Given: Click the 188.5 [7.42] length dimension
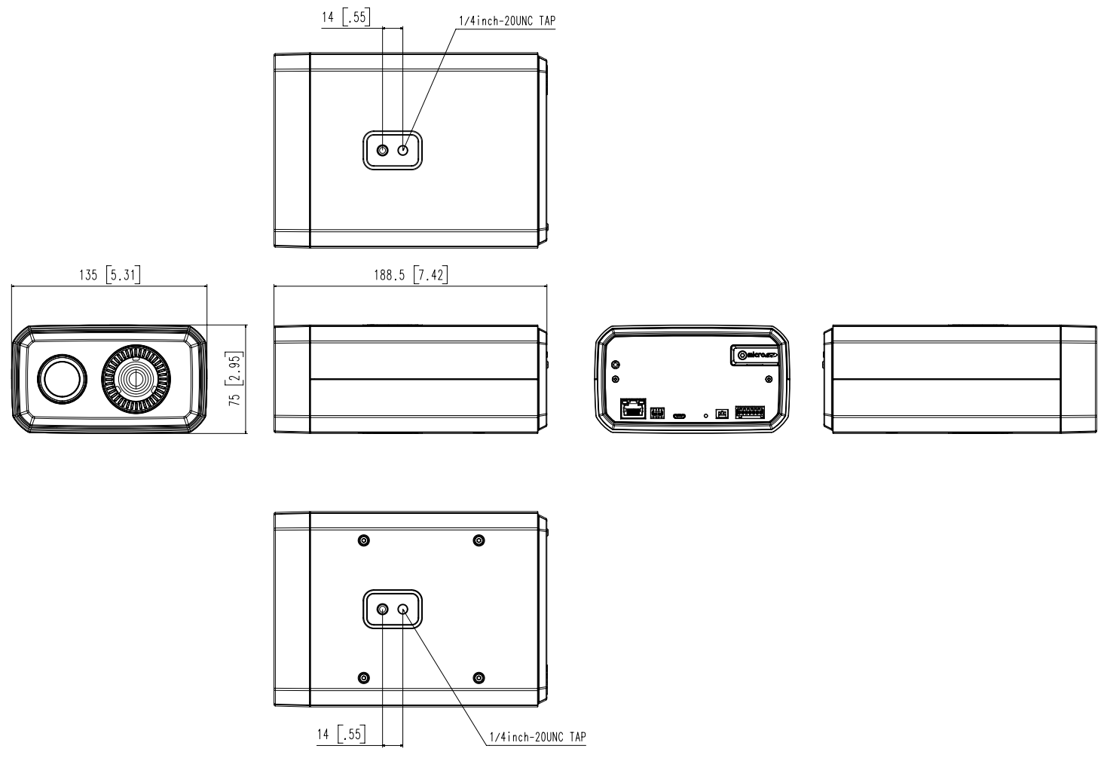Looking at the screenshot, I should [410, 275].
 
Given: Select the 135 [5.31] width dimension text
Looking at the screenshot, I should [109, 275].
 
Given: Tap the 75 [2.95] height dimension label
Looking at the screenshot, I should [235, 378].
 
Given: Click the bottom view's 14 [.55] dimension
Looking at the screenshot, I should [341, 734].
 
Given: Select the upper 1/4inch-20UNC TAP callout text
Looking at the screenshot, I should [506, 21].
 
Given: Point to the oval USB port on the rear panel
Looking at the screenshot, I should [679, 414].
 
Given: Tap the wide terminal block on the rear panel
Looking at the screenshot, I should [749, 413].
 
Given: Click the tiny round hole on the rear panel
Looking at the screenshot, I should [705, 415].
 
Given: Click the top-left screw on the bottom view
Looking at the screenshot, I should [364, 540].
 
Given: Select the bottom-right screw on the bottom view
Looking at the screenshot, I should [479, 678].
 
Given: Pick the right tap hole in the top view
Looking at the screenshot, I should [403, 150].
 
